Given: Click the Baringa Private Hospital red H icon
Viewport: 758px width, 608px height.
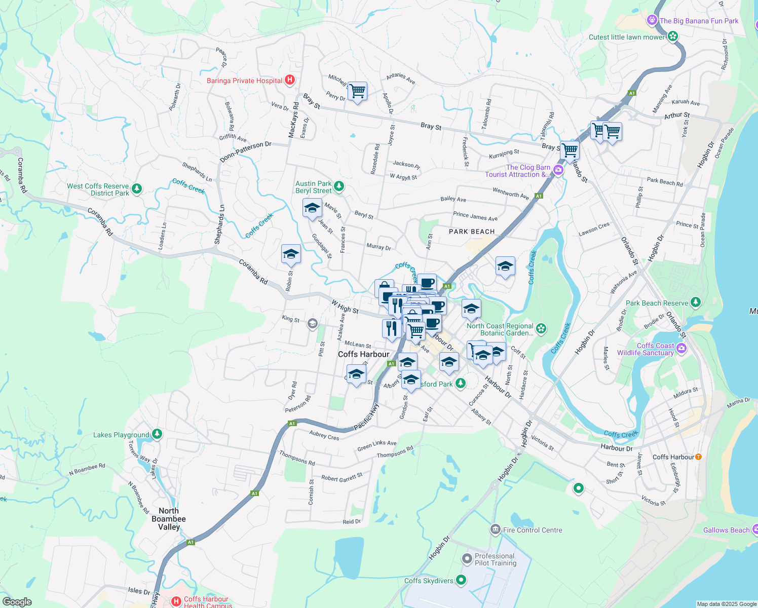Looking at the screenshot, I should pos(290,80).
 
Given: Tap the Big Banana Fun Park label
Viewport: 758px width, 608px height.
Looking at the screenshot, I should pos(699,21).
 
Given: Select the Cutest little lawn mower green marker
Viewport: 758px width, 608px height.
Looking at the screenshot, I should pos(672,36).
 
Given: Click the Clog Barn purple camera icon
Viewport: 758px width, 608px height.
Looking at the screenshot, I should pos(558,170).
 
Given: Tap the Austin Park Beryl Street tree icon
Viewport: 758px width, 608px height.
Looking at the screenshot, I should pos(339,187).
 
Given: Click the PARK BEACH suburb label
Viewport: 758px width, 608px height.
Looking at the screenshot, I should pos(471,232).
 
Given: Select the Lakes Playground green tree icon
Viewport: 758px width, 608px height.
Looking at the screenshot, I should pos(157,434).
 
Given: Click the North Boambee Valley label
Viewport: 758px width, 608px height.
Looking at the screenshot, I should pos(169,519).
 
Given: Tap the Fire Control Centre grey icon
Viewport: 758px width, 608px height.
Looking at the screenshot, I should pos(495,530).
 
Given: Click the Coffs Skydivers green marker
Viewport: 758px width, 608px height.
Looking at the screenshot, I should pos(461,580).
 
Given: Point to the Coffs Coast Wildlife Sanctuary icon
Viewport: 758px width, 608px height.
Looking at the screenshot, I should pos(681,348).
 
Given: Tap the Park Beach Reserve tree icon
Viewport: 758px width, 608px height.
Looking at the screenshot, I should pos(696,302).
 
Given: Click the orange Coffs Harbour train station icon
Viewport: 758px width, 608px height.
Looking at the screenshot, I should pos(698,457).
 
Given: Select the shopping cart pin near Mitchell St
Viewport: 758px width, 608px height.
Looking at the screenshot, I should pos(357,91).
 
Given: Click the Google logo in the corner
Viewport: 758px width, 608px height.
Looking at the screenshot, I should pos(17,602).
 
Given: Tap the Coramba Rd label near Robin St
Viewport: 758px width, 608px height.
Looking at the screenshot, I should pos(253,272).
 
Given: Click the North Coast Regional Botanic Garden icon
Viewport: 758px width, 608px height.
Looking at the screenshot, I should pos(541,329).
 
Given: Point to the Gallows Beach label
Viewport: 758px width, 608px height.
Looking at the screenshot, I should pos(726,530).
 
